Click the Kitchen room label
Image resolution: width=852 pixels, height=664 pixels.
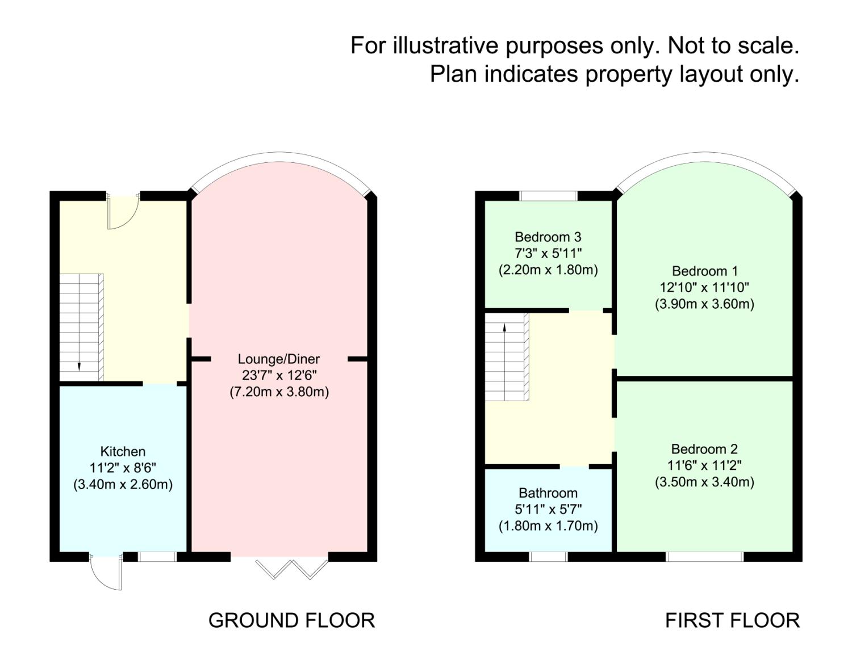[x=123, y=452]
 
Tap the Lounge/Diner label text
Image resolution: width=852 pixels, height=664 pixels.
[x=278, y=359]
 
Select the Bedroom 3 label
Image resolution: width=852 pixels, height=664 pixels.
[x=548, y=237]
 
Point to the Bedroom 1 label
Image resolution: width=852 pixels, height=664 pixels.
[x=704, y=271]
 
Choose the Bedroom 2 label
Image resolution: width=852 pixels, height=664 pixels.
[x=704, y=449]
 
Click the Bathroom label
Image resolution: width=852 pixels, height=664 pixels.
[x=548, y=493]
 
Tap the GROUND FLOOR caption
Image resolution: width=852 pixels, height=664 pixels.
[x=291, y=620]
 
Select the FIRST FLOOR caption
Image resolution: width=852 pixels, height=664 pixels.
[x=732, y=620]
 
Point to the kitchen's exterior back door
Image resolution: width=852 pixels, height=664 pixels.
[x=106, y=572]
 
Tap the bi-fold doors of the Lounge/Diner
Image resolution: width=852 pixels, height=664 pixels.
[x=292, y=568]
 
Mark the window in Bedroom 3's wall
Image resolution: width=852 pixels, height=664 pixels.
[x=548, y=196]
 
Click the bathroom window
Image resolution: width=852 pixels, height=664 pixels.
[x=548, y=557]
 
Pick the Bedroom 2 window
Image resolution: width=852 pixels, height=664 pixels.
[x=704, y=557]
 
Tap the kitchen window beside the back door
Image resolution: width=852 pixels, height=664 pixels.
[x=157, y=557]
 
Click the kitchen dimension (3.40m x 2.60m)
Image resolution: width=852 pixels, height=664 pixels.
[x=123, y=485]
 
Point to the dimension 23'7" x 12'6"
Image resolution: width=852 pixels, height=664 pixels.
[x=278, y=375]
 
